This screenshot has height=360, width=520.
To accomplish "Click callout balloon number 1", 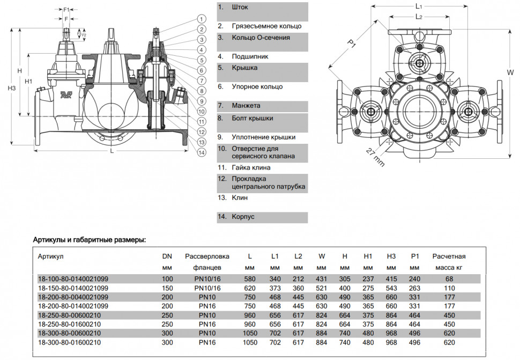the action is pos(202,19).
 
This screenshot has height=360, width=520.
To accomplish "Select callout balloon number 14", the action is pos(202,152).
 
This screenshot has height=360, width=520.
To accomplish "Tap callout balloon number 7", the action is pos(202,80).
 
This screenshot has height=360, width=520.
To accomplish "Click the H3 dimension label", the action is pos(12,89).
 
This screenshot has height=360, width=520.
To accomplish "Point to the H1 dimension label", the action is pos(28,82).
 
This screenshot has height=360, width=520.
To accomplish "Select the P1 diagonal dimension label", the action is pos(351,43).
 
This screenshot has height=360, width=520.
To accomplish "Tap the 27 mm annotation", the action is pos(375,157).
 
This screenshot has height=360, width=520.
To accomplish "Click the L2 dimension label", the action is pos(419,17).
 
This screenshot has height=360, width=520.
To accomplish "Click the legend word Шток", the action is pos(240,7).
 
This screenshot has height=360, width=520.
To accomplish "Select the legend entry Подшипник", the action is pos(250,56).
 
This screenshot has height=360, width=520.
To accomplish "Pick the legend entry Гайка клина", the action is pos(251,167).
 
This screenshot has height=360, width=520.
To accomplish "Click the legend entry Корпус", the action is pos(243,217).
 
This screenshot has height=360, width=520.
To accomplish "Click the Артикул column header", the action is pos(50,256).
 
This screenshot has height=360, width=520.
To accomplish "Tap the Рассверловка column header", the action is pos(207,256).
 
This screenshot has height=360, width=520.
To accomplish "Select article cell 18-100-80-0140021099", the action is pos(73,278).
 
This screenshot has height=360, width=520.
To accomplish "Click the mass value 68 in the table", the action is pos(449,279).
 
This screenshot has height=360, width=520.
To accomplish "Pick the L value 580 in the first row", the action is pos(250,279).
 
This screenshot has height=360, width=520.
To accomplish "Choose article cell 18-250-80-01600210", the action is pos(69,324).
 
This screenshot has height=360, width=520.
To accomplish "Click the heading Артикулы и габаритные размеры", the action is pos(89,240).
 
